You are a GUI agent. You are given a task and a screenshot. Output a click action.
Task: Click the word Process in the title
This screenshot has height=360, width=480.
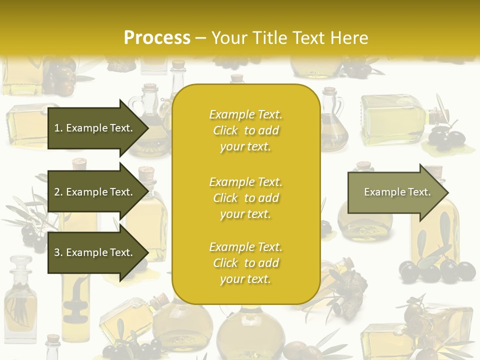(157, 38)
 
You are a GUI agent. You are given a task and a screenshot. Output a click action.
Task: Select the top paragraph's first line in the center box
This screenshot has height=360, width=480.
(245, 114)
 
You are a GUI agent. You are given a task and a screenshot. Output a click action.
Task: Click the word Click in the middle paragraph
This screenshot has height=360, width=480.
(225, 198)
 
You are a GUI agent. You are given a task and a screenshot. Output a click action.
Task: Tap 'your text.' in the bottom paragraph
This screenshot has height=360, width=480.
(245, 279)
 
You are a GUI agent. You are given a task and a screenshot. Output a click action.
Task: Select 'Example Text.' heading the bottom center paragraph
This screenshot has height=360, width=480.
(245, 247)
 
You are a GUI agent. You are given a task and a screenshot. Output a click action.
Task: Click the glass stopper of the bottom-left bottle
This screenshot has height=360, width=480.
(20, 263)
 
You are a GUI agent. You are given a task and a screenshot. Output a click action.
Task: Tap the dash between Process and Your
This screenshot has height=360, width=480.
(201, 38)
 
